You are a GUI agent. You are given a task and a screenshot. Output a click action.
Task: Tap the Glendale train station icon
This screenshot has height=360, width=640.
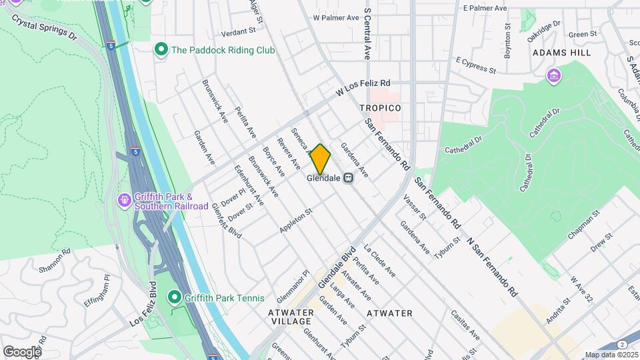pyautogui.click(x=348, y=178)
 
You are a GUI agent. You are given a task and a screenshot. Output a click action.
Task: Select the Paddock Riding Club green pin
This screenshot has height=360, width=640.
pyautogui.click(x=160, y=49)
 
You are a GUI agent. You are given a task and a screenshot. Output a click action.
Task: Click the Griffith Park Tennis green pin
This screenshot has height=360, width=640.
pyautogui.click(x=174, y=297)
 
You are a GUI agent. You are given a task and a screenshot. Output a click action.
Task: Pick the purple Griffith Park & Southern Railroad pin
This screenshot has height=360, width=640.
pyautogui.click(x=124, y=200)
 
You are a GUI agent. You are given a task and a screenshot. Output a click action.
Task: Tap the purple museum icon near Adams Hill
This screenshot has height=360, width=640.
pyautogui.click(x=553, y=75)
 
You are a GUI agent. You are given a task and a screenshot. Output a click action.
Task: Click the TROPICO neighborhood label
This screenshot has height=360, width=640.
pyautogui.click(x=380, y=108)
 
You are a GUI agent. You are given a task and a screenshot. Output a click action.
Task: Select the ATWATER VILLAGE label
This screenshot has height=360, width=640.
pyautogui.click(x=291, y=317)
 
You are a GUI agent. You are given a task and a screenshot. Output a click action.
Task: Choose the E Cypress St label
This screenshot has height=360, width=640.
pyautogui.click(x=476, y=67)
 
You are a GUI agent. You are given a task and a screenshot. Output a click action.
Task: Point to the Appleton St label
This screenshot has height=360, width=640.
pyautogui.click(x=296, y=220)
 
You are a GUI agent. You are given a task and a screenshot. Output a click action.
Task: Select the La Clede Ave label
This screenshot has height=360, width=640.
pyautogui.click(x=379, y=261)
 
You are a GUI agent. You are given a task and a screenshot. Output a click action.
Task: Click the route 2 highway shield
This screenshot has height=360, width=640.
pyautogui.click(x=621, y=345)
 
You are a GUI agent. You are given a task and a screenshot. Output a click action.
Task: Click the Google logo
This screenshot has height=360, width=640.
pyautogui.click(x=21, y=351)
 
